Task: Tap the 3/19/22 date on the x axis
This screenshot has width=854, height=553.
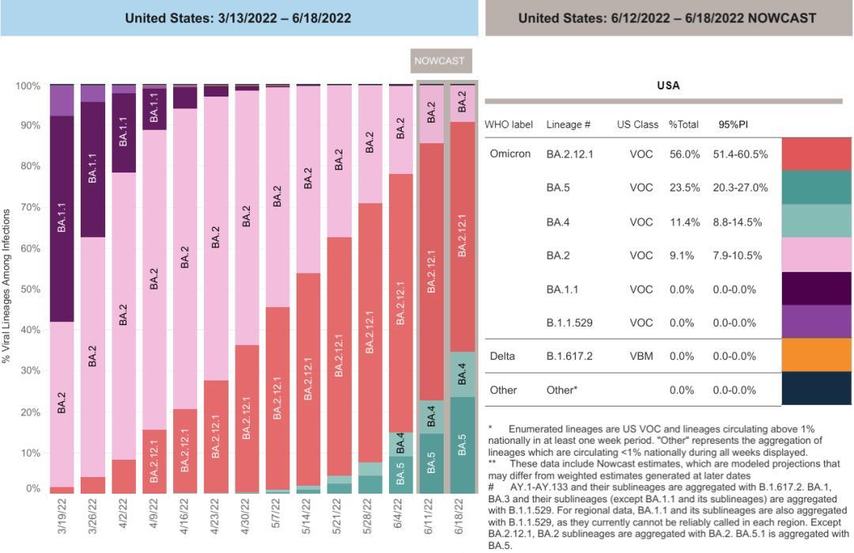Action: coord(62,515)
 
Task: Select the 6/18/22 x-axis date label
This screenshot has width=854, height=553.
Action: coord(463,515)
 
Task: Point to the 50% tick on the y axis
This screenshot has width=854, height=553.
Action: coord(29,290)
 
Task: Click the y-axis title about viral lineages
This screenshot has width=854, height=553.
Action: coord(7,286)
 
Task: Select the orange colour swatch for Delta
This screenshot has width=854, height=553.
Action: coord(817,355)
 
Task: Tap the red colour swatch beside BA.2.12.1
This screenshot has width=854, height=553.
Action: coord(817,154)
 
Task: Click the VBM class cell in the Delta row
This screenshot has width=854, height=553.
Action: coord(641,356)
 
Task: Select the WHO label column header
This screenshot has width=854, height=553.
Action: coord(508,125)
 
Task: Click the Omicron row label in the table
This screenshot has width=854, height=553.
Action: coord(510,154)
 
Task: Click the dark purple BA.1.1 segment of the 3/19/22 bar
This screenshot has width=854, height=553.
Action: coord(62,218)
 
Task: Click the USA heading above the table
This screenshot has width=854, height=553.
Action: coord(668,85)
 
